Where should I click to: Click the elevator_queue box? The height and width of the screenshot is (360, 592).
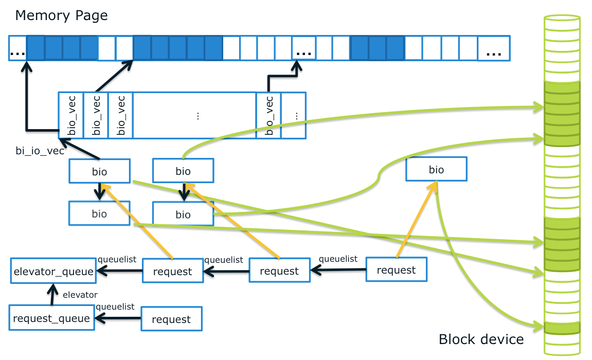click(x=53, y=272)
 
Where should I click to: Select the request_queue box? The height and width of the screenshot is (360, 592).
click(x=52, y=319)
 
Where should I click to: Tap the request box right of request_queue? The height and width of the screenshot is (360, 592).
click(x=171, y=319)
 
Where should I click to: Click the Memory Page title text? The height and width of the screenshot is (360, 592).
click(x=61, y=15)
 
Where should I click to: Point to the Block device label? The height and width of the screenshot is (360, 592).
click(x=481, y=339)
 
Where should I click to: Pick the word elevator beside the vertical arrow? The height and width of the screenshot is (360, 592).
click(x=80, y=295)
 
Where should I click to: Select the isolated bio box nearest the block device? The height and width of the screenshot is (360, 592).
click(x=436, y=170)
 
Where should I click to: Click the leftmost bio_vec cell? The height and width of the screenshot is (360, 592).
click(x=71, y=116)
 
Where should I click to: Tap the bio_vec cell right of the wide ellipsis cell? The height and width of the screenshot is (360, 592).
click(x=268, y=116)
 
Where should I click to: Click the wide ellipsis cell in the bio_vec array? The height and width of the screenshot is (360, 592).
click(x=194, y=116)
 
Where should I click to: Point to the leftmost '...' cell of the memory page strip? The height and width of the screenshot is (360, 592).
click(x=18, y=48)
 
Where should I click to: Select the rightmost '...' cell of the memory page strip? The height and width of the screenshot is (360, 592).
click(x=494, y=48)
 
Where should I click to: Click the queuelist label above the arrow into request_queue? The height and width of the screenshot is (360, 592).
click(x=115, y=307)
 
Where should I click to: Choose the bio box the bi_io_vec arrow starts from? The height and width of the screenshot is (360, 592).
click(x=99, y=171)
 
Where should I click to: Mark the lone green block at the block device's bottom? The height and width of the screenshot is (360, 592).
click(x=562, y=327)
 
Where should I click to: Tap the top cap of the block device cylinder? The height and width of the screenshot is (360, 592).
click(x=562, y=19)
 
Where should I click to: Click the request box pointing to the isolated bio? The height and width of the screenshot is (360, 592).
click(x=396, y=270)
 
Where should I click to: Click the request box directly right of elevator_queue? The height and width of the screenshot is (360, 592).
click(x=172, y=272)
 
